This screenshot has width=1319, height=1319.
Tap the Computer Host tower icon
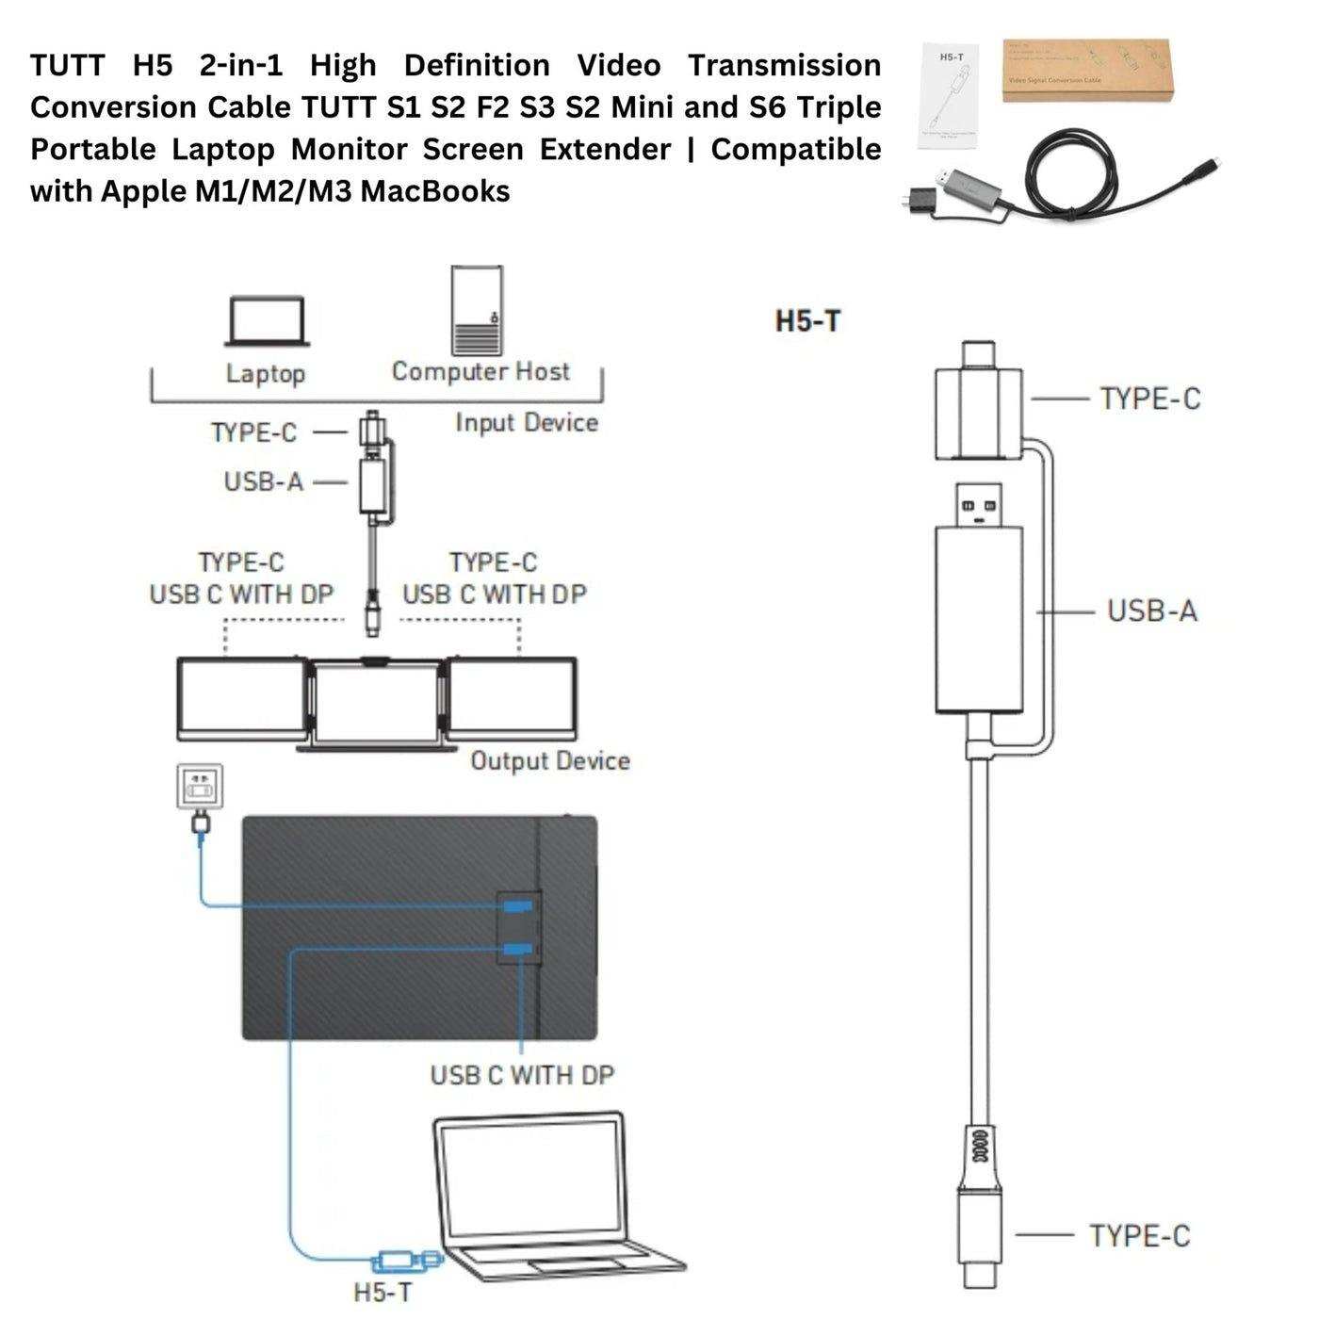point(477,311)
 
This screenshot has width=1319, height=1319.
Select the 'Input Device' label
point(527,423)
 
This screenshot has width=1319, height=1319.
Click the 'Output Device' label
point(550,761)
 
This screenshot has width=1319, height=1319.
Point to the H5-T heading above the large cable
point(807,321)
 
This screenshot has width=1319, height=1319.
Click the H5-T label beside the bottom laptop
point(383,1292)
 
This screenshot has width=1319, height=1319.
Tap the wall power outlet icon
point(201,786)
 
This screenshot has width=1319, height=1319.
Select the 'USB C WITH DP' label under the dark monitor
point(522,1075)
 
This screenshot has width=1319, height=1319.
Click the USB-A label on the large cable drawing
point(1151,611)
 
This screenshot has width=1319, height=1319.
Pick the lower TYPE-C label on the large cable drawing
point(1139,1236)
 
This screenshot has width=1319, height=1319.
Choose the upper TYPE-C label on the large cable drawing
point(1149,399)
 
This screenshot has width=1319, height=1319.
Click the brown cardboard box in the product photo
point(1085,71)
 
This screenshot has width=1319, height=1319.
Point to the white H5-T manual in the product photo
point(949,96)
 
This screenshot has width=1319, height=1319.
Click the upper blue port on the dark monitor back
point(516,906)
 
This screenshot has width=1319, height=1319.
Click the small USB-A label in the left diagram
point(264,482)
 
